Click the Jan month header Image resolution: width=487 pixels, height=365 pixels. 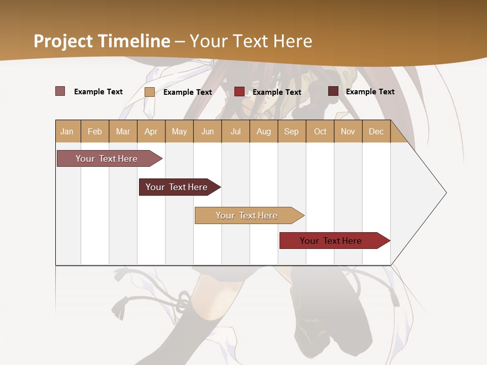[67, 131]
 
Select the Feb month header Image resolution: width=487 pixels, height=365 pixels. [95, 131]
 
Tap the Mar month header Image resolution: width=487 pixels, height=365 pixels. [123, 131]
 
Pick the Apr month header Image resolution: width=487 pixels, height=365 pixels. [151, 131]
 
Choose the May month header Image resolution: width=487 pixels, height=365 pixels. [179, 131]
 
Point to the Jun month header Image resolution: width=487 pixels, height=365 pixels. [207, 131]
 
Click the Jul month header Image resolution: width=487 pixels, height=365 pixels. [235, 131]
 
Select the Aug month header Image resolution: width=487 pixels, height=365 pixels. [263, 131]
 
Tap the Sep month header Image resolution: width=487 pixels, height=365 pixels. [292, 131]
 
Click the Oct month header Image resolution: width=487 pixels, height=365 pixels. [320, 131]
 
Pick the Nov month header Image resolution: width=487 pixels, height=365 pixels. [348, 131]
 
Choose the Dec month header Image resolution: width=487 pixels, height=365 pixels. [376, 131]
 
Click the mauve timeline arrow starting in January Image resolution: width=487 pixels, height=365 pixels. [107, 159]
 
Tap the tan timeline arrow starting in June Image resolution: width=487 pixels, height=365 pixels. [247, 215]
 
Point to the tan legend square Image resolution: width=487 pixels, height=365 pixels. [150, 92]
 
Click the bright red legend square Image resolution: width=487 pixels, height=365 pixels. [239, 91]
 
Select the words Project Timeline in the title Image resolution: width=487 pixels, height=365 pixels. [102, 41]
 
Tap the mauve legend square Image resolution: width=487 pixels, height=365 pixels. [60, 91]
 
